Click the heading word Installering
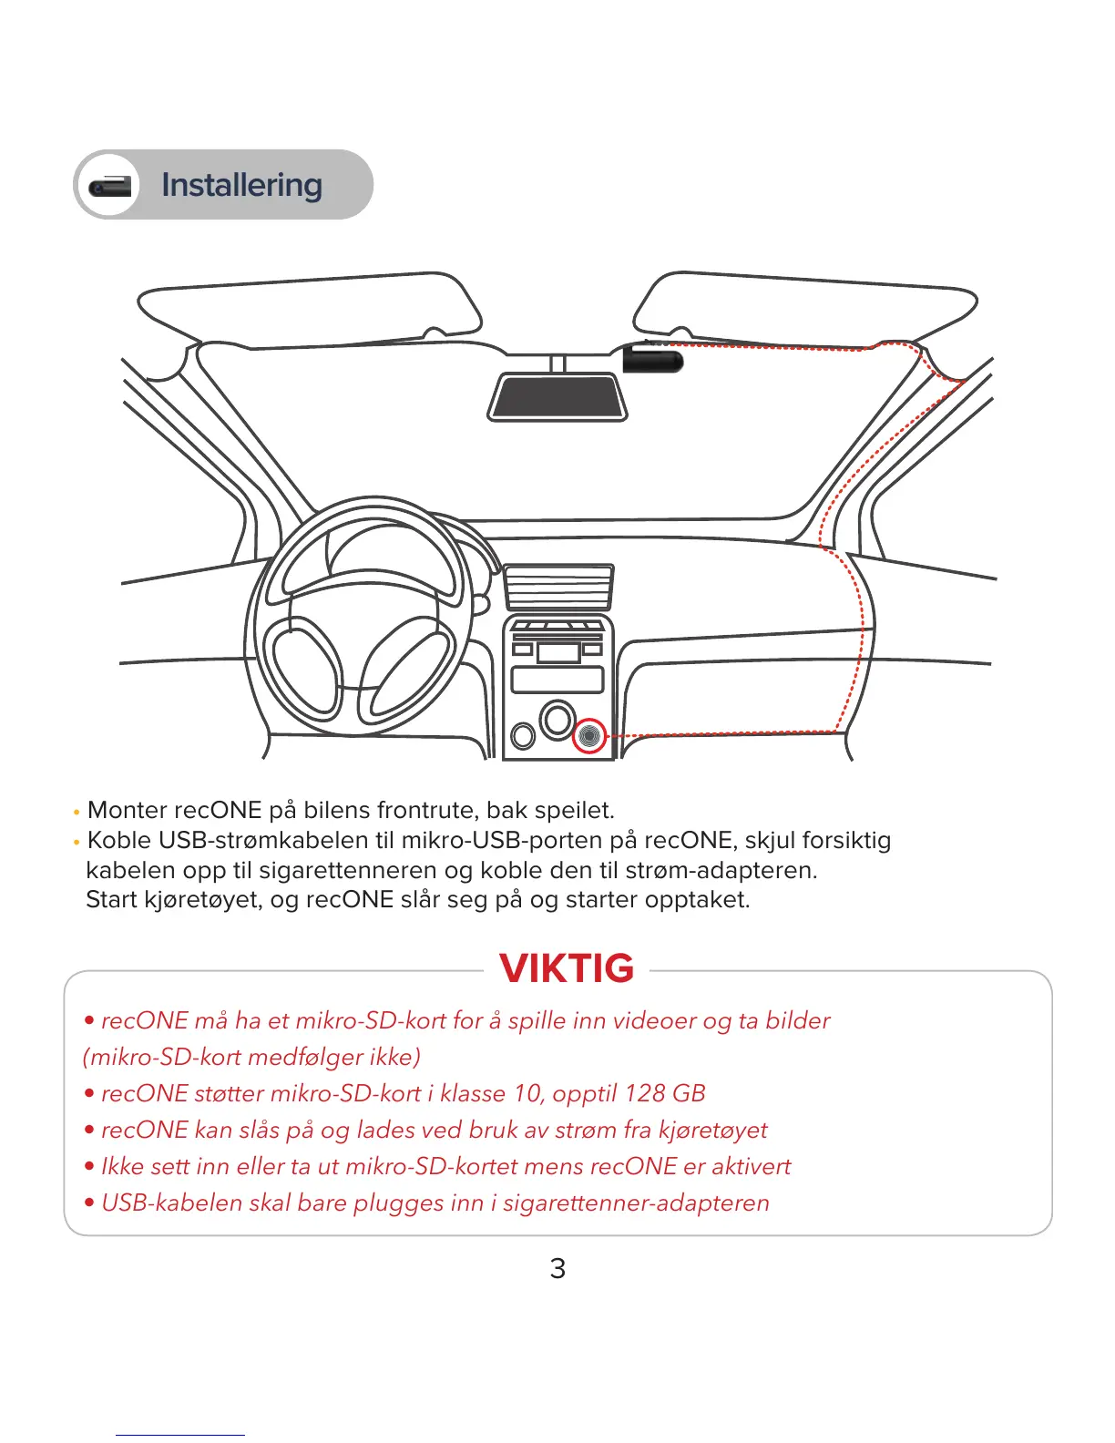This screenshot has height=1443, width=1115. point(241,185)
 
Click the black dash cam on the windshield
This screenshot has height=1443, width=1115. point(652,358)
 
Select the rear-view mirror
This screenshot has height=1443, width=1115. point(557,397)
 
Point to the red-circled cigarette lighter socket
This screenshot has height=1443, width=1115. point(589,735)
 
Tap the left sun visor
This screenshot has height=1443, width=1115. point(310,310)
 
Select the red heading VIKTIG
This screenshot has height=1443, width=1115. point(567,968)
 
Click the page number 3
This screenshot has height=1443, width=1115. point(557,1268)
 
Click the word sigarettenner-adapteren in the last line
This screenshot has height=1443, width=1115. point(636,1202)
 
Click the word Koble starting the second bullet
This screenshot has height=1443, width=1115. point(118,840)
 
